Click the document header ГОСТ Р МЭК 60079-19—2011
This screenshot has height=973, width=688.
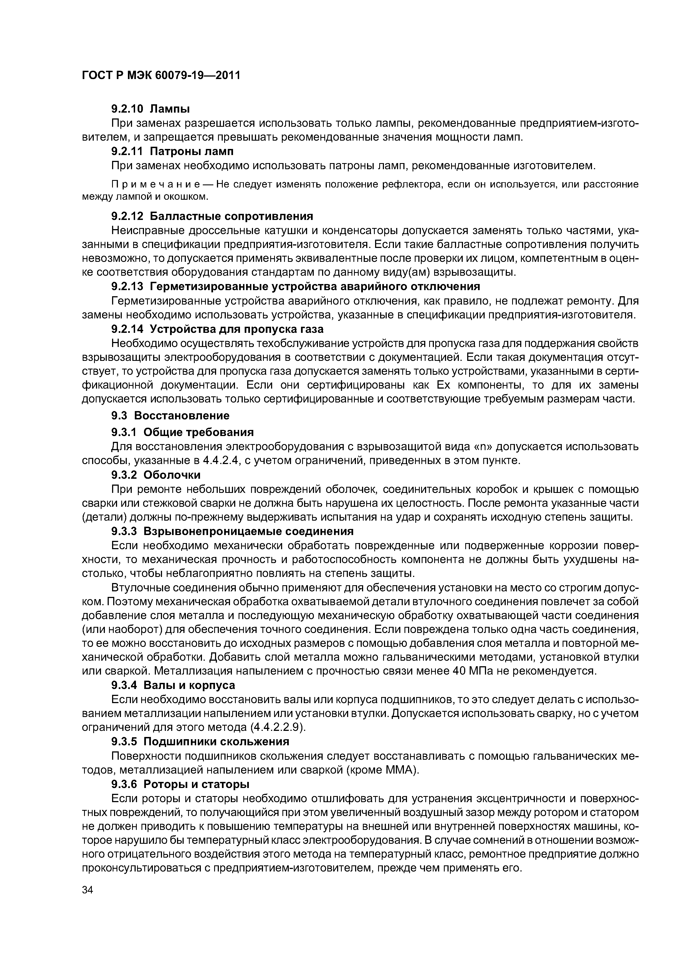161,75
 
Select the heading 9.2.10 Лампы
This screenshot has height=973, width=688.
150,109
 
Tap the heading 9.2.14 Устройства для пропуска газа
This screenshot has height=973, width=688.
217,329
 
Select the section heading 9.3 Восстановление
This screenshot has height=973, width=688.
170,415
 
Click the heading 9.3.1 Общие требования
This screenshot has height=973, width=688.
182,432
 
